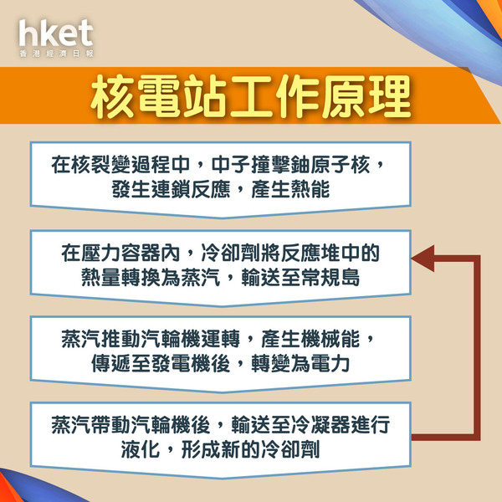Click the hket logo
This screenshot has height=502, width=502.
(56, 33)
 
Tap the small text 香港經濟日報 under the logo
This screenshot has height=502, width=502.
(56, 54)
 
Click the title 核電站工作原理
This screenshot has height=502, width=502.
(251, 96)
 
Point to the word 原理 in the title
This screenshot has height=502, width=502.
(366, 96)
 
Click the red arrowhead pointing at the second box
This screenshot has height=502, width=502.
(423, 259)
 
